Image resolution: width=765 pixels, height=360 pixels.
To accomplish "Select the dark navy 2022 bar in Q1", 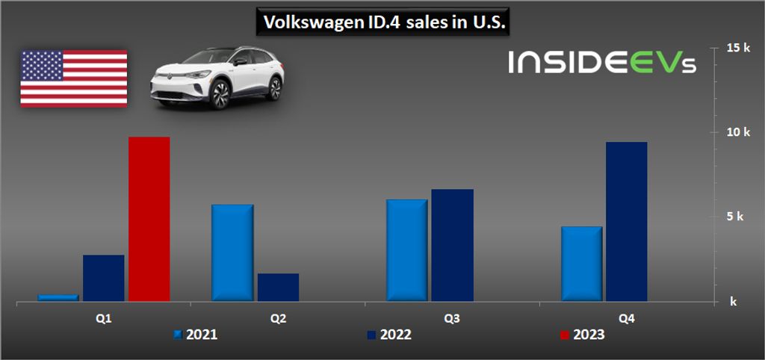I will (104, 278).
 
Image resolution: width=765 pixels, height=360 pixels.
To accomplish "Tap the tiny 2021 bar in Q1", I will (58, 297).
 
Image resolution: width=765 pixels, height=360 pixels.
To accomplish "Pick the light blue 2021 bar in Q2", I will (232, 252).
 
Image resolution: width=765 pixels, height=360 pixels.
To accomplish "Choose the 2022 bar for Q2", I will (278, 287).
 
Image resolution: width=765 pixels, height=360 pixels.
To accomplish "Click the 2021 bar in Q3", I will (407, 250).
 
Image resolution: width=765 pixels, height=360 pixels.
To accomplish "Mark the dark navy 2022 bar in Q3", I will (453, 245).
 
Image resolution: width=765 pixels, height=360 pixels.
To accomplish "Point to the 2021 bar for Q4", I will (581, 264).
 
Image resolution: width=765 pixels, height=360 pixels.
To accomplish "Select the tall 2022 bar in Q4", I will (627, 221).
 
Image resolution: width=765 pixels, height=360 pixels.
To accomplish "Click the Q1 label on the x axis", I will (104, 319).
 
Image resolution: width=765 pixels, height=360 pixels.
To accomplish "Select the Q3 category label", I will (452, 319).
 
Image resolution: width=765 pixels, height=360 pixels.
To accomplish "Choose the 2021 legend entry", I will (196, 335).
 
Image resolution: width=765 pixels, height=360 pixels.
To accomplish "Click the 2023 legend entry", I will (582, 335).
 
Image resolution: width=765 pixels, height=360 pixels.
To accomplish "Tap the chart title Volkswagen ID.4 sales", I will (382, 23).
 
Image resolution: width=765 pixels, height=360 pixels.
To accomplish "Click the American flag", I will (73, 78).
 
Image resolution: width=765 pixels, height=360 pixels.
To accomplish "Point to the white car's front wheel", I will (219, 95).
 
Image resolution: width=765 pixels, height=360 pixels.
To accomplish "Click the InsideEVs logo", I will (602, 62).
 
